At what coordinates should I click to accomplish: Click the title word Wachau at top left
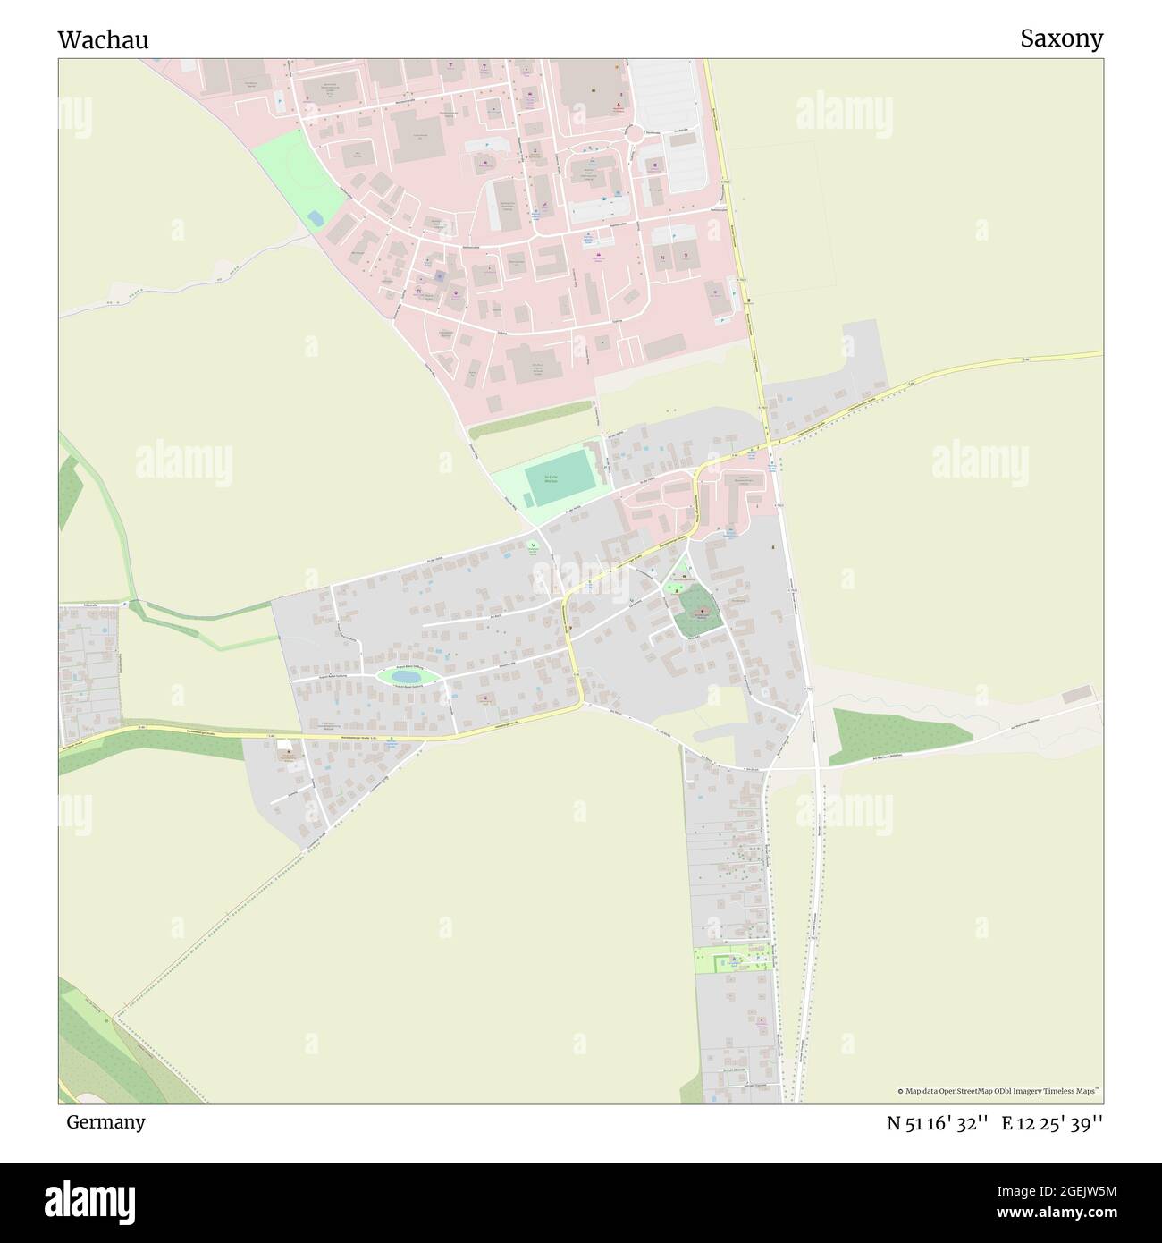tap(103, 40)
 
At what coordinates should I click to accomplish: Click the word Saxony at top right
tap(1061, 38)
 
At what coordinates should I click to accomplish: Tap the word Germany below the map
tap(105, 1121)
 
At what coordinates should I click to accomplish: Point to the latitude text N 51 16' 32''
tap(937, 1123)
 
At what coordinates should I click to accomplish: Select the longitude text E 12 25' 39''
tap(1052, 1123)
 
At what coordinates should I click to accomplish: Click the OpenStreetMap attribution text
tap(1002, 1091)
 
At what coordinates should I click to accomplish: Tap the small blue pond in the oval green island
tap(407, 678)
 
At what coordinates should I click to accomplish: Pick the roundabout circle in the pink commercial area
tap(636, 134)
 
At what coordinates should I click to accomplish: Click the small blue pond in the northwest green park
tap(316, 217)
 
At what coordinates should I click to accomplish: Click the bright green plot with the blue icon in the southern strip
tap(733, 960)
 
